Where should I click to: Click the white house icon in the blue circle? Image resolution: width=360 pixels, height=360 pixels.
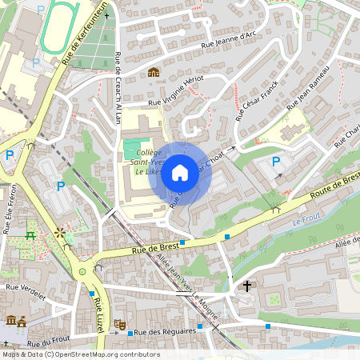pos(180,172)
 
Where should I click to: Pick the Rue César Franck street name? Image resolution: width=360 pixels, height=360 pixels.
pos(254,98)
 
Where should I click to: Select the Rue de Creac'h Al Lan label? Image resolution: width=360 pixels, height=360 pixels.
pos(118,88)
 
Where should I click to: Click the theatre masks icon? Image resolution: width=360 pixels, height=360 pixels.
pos(119,324)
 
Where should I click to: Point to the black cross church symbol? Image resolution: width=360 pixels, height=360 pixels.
pos(247,286)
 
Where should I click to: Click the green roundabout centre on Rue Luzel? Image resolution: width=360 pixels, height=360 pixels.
pos(82,272)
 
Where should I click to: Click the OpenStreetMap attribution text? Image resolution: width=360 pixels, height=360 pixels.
pos(81,354)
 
